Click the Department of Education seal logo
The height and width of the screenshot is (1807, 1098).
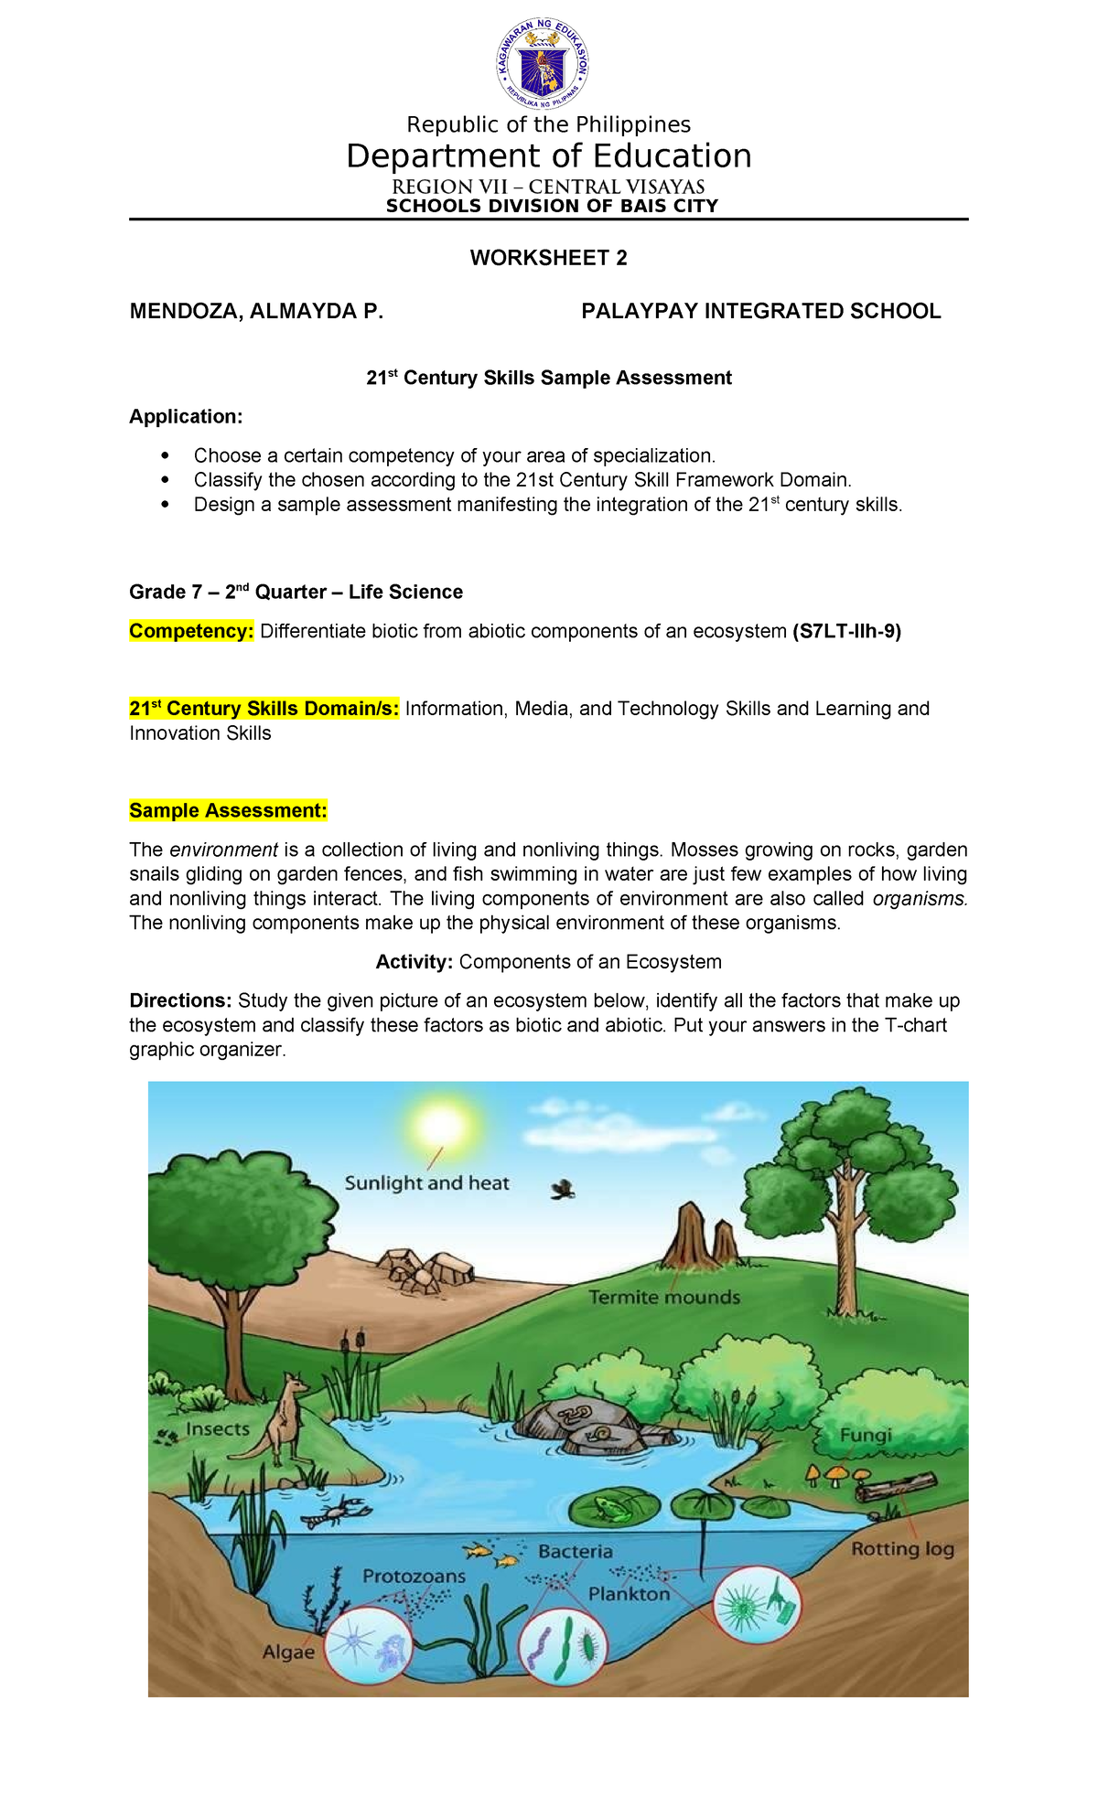pyautogui.click(x=543, y=64)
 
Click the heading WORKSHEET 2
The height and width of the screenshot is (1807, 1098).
pyautogui.click(x=548, y=258)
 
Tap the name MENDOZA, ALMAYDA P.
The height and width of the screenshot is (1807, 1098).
pyautogui.click(x=256, y=312)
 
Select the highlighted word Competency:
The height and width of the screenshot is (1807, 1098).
pyautogui.click(x=191, y=632)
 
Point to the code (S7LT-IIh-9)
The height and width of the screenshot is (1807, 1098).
pyautogui.click(x=846, y=632)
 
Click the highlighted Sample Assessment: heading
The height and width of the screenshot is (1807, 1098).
pyautogui.click(x=228, y=811)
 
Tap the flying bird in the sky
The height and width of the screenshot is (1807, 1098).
pyautogui.click(x=563, y=1190)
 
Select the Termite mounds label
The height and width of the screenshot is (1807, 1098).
pyautogui.click(x=664, y=1297)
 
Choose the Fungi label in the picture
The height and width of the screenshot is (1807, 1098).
pyautogui.click(x=866, y=1435)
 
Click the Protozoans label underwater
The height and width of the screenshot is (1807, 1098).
pyautogui.click(x=414, y=1576)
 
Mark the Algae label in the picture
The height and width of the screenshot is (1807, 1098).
pyautogui.click(x=288, y=1652)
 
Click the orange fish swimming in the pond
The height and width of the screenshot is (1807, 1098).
pyautogui.click(x=477, y=1550)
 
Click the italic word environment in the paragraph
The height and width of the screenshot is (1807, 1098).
pyautogui.click(x=223, y=850)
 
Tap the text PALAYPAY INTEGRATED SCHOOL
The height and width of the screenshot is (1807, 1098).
pyautogui.click(x=760, y=312)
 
